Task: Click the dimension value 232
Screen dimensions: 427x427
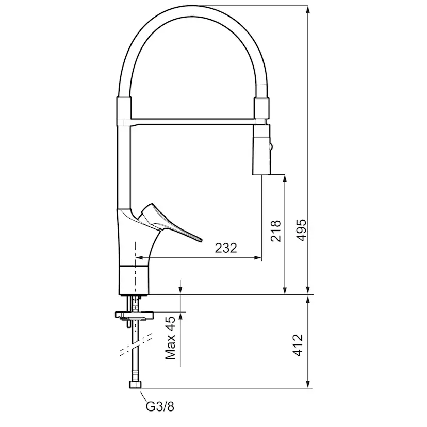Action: [x=225, y=248]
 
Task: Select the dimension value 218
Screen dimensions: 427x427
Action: [x=276, y=231]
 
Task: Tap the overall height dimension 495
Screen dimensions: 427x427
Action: [x=301, y=229]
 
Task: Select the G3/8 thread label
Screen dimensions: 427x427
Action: [x=160, y=407]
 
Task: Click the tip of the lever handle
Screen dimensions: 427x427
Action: [x=200, y=239]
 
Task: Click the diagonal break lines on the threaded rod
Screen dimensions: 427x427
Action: [x=135, y=344]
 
